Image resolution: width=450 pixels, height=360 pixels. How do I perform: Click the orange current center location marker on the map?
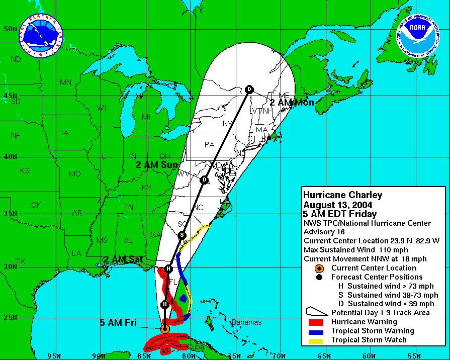(164, 329)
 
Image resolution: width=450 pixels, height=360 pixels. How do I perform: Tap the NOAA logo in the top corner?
(417, 39)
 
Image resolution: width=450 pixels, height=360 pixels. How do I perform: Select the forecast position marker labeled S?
(182, 235)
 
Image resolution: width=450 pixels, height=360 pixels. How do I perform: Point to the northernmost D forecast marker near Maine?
(249, 89)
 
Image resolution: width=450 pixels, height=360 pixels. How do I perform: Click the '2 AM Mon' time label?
(292, 103)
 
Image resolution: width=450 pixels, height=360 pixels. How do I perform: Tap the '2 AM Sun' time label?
(158, 164)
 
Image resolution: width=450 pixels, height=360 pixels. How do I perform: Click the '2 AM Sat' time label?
(124, 259)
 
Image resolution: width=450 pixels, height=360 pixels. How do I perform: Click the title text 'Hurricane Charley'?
(343, 195)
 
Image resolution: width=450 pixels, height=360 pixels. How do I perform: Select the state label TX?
(21, 261)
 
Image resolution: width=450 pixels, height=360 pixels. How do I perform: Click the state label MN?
(66, 82)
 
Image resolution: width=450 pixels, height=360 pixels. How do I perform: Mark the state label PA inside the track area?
(209, 145)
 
